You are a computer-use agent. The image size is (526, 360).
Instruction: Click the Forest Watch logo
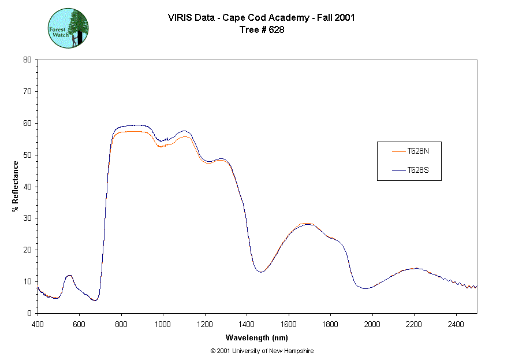pos(68,28)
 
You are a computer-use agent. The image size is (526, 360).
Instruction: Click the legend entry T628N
pos(417,151)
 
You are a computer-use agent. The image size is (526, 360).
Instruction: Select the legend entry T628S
pos(417,170)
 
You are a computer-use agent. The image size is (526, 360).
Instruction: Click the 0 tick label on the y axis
pos(29,313)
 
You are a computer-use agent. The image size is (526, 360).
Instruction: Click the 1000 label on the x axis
pos(163,324)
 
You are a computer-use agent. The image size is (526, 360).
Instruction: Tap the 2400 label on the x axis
pos(456,324)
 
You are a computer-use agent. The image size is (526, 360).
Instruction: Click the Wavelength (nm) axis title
pos(257,338)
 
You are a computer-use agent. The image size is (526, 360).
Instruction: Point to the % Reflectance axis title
pos(16,186)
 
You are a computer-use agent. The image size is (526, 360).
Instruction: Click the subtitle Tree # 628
pos(262,30)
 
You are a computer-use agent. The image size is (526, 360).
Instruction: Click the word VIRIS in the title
pos(178,17)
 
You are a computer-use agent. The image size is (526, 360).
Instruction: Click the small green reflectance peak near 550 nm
pos(69,276)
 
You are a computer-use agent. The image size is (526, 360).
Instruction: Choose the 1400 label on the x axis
pos(247,324)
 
